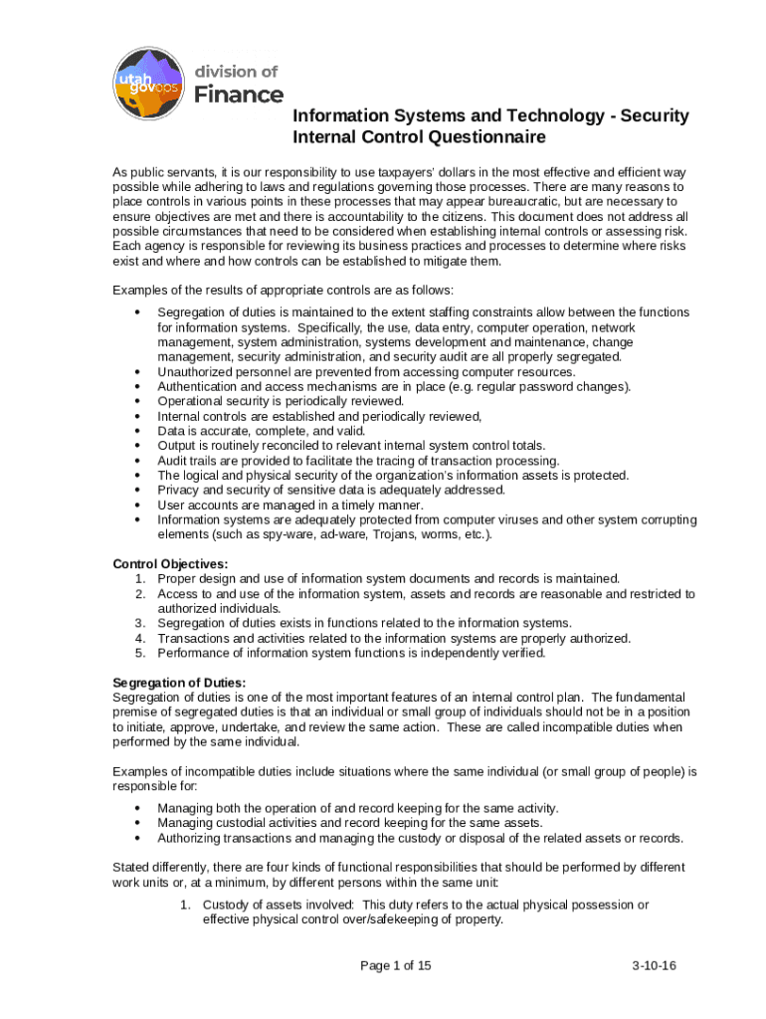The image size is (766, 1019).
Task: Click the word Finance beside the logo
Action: pyautogui.click(x=238, y=95)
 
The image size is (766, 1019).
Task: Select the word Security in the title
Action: pyautogui.click(x=648, y=116)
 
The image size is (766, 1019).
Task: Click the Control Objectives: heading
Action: pyautogui.click(x=170, y=563)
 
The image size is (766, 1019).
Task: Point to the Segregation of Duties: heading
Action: pyautogui.click(x=174, y=683)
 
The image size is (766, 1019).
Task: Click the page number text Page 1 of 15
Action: pyautogui.click(x=395, y=965)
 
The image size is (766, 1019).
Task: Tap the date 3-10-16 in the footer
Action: pyautogui.click(x=654, y=965)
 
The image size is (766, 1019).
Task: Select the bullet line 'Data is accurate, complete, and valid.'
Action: pyautogui.click(x=261, y=431)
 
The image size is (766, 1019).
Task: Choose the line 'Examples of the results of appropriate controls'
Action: pyautogui.click(x=283, y=290)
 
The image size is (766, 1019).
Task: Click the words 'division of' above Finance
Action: pyautogui.click(x=236, y=71)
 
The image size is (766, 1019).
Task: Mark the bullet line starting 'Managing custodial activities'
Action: pyautogui.click(x=349, y=823)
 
